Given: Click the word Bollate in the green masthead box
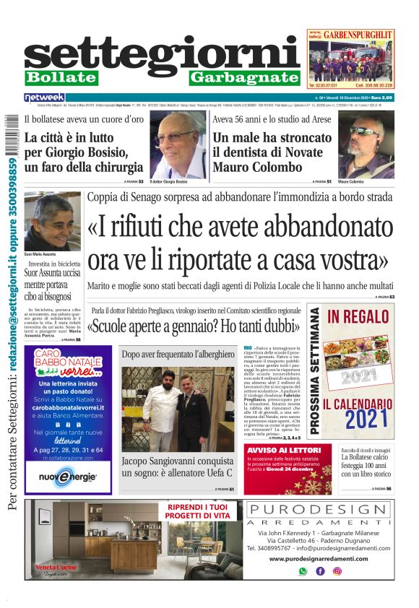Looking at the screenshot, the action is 61,77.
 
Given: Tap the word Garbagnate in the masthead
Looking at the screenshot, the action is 244,77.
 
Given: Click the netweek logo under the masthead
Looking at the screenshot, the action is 44,97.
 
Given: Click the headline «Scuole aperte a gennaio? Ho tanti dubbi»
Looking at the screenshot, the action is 195,326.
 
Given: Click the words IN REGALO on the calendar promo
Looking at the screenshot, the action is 358,316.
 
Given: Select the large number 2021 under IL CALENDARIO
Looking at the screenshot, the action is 360,419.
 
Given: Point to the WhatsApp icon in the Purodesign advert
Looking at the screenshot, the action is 303,570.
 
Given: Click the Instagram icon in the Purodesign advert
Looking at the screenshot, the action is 337,570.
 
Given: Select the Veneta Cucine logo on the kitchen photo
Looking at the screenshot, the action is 56,568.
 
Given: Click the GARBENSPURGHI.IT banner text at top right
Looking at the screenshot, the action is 358,34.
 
